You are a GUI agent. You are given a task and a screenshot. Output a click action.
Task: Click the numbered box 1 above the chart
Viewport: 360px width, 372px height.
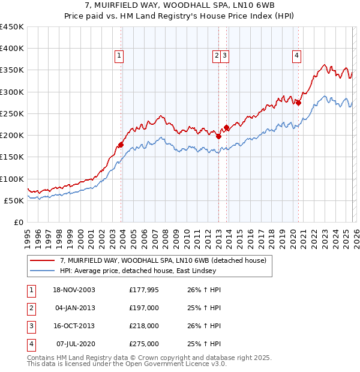(119, 56)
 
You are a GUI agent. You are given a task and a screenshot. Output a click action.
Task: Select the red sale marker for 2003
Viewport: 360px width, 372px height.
(121, 145)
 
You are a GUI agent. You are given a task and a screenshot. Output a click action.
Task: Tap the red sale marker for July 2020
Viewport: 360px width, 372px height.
(298, 103)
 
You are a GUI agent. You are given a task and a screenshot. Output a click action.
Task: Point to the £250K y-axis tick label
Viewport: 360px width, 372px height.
(12, 113)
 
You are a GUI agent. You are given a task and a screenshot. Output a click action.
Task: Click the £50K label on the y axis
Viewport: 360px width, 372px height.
(14, 200)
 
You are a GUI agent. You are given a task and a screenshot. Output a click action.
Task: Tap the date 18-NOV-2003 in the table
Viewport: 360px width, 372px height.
(73, 290)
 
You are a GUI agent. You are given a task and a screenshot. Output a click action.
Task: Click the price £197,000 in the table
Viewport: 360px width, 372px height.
(144, 308)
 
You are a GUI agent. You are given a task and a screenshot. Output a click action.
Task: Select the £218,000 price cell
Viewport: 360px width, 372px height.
(144, 326)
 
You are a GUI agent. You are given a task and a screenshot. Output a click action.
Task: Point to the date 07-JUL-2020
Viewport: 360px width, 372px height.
(73, 344)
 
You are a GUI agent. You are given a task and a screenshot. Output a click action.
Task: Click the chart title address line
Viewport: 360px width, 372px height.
(180, 6)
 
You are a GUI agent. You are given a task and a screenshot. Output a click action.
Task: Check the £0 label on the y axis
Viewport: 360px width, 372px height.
(18, 222)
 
